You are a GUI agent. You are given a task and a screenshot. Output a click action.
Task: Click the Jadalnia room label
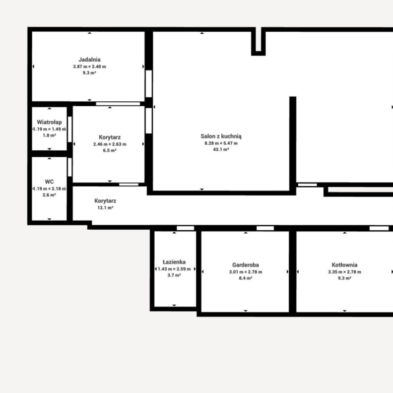pos(90,59)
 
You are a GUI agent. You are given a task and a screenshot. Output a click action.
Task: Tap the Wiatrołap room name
pos(49,122)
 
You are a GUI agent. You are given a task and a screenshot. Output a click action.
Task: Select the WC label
pos(49,182)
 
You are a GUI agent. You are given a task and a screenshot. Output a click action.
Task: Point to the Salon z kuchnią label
pos(221,137)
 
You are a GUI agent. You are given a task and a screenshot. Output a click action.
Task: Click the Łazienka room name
pos(174,262)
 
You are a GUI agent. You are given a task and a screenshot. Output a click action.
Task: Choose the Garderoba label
pos(246,265)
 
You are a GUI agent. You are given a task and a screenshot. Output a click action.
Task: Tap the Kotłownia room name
pos(345,265)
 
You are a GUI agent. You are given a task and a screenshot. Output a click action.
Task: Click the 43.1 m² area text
pos(221,149)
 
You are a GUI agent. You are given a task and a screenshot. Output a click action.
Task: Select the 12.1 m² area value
pos(105,208)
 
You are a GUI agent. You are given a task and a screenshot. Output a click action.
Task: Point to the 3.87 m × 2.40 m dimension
pos(90,67)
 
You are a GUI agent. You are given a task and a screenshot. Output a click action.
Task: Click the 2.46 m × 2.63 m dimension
pos(110,144)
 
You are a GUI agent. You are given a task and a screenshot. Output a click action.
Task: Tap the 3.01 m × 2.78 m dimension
pos(246,272)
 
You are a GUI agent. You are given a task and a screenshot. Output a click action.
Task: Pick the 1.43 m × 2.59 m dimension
pos(174,269)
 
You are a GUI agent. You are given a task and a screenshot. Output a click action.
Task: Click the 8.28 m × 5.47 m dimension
pos(221,143)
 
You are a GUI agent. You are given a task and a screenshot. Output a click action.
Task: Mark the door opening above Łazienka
pos(185,228)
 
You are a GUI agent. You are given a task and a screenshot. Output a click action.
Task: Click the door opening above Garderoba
pos(265,228)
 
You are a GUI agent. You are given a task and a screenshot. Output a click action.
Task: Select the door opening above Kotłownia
pos(379,228)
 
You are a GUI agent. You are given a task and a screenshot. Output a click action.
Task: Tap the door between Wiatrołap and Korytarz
pos(70,129)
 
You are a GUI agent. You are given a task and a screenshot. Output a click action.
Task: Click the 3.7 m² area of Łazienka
pos(174,275)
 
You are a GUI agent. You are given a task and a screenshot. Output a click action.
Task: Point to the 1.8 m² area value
pos(49,136)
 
